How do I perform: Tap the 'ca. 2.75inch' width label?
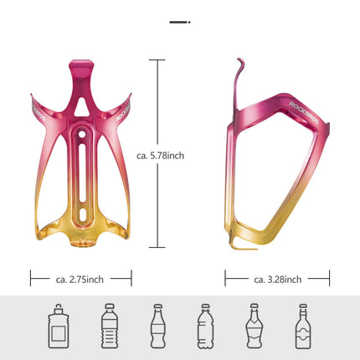click(80, 278)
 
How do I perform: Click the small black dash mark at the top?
click(179, 21)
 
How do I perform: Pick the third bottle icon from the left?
click(156, 327)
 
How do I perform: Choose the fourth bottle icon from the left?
click(204, 327)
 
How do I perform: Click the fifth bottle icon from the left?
click(254, 327)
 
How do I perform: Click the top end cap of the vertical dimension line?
click(156, 60)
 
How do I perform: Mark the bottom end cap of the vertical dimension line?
click(156, 248)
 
